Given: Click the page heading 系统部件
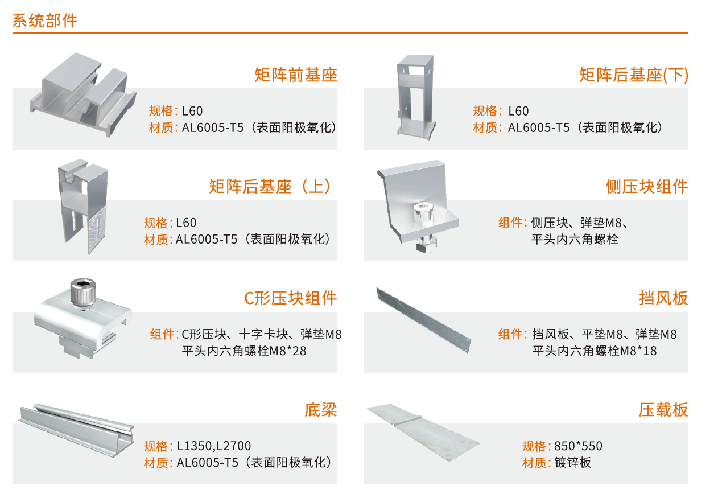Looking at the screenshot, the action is [45, 21].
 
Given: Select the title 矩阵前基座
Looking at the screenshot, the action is [295, 75].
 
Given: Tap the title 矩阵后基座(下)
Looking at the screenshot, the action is [633, 75].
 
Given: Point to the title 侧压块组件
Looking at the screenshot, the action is [646, 187].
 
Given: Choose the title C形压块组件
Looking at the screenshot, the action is [290, 298].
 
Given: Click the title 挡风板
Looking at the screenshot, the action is [663, 298].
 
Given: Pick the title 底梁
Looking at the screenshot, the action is [321, 410].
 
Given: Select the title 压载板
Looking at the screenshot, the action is [663, 410].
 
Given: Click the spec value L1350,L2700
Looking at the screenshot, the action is [214, 446].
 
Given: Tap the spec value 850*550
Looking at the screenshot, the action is [578, 446].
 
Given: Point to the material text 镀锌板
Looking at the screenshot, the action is [572, 463].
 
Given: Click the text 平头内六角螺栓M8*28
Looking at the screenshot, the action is [244, 351].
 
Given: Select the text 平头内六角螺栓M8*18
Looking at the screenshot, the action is [595, 351].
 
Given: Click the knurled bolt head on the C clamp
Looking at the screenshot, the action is [83, 293].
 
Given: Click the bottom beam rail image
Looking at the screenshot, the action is [76, 430].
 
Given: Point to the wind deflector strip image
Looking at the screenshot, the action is [424, 320].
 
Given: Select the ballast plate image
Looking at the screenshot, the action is [424, 433].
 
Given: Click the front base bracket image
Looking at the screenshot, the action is [84, 95].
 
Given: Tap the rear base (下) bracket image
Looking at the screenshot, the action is [416, 97].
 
